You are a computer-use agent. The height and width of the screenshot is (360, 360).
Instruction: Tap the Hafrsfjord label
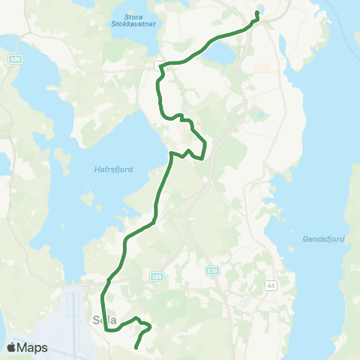pyautogui.click(x=115, y=169)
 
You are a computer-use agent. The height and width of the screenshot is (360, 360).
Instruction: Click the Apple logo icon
pyautogui.click(x=13, y=347)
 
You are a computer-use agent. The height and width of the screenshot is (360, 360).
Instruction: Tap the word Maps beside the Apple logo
pyautogui.click(x=33, y=348)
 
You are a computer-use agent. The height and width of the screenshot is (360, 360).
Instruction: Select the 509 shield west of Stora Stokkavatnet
pyautogui.click(x=15, y=58)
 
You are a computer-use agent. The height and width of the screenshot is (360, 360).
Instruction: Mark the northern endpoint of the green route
pyautogui.click(x=257, y=13)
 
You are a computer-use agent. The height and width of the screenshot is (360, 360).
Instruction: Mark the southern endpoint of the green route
pyautogui.click(x=136, y=347)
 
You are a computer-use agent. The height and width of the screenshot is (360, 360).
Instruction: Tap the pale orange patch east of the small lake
pyautogui.click(x=260, y=67)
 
